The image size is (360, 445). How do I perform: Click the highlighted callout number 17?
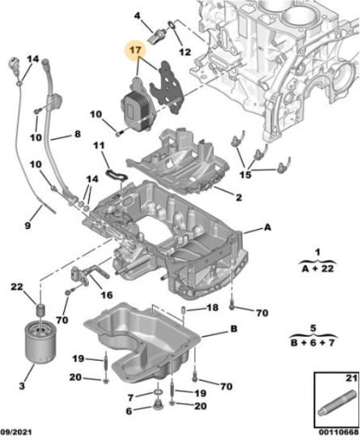[x=135, y=50]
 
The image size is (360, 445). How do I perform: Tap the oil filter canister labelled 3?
[x=41, y=342]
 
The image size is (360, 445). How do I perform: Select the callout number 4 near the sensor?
[x=137, y=15]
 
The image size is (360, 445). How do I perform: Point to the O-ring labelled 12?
[x=172, y=26]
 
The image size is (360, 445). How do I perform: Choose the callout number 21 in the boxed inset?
[x=351, y=378]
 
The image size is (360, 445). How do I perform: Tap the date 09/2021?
[x=16, y=432]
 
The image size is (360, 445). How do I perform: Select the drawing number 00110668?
[x=339, y=432]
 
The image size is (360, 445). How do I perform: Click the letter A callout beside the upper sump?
[x=268, y=227]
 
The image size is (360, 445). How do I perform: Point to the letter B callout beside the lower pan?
[x=234, y=328]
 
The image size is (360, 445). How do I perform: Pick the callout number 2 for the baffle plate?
[x=239, y=197]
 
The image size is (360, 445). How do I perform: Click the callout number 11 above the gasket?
[x=99, y=146]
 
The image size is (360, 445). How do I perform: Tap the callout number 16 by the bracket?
[x=107, y=295]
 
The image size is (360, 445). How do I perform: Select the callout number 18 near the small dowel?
[x=213, y=307]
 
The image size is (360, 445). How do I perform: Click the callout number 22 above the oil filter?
[x=17, y=286]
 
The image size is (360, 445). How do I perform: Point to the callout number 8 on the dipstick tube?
[x=78, y=133]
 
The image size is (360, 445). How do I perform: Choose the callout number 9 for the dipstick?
[x=28, y=226]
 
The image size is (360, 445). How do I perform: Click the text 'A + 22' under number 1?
[x=318, y=269]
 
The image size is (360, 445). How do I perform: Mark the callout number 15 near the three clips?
[x=245, y=175]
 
